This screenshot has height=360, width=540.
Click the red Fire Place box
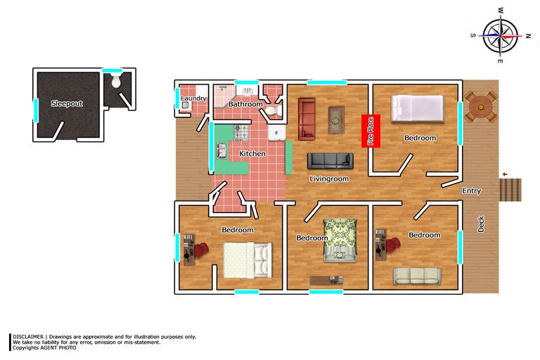[x=371, y=131]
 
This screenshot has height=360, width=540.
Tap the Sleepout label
[x=67, y=103]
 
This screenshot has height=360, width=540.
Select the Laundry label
[x=193, y=98]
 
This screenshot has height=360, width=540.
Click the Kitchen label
[x=252, y=154]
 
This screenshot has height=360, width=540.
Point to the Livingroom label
[x=329, y=179]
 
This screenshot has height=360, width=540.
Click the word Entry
[x=472, y=191]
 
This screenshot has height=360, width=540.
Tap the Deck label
[x=481, y=224]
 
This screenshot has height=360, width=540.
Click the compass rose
[x=501, y=36]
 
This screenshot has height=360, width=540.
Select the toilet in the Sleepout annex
[x=116, y=80]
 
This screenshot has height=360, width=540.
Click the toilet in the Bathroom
[x=273, y=111]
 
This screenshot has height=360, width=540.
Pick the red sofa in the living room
[x=307, y=119]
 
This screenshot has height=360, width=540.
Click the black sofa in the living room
[x=330, y=161]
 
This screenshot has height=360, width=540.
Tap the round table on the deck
[x=481, y=106]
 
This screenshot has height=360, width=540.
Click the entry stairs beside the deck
[x=510, y=189]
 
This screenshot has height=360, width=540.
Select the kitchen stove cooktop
[x=241, y=132]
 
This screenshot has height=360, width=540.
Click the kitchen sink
[x=221, y=151]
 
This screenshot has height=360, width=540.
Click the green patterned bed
[x=340, y=240]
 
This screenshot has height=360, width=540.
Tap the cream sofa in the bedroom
[x=418, y=276]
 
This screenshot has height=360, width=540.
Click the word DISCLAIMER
[x=28, y=337]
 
